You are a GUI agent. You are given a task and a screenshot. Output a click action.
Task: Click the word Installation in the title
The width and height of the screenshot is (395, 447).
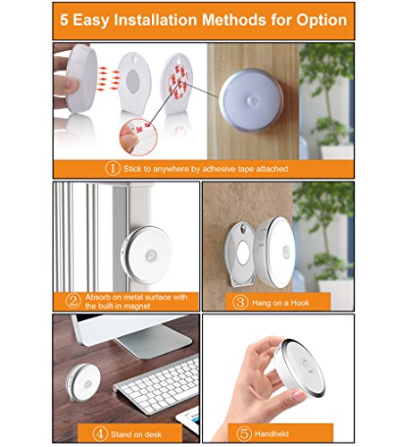coord(155,20)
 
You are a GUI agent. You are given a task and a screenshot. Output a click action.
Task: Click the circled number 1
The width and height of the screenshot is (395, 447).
coord(113,168)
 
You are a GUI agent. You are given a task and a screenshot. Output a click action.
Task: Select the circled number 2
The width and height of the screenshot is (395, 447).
coord(73,301)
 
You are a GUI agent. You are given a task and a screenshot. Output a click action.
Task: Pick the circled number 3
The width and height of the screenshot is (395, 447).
coord(240,302)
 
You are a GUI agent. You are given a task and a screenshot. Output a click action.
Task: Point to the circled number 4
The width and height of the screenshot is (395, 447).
coord(100,434)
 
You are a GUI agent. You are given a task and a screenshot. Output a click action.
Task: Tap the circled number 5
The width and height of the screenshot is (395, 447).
coord(244,434)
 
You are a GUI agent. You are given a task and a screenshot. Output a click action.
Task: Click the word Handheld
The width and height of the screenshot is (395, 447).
coord(272,434)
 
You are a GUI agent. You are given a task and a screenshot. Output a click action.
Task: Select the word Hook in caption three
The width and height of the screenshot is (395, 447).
coord(300,303)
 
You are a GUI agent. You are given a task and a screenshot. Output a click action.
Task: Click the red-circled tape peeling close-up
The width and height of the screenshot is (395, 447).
coord(139,137)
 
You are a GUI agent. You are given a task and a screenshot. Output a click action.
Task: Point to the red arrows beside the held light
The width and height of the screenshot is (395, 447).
coord(109,79)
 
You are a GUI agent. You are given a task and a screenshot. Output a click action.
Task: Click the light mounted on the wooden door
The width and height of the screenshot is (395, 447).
coord(251,100)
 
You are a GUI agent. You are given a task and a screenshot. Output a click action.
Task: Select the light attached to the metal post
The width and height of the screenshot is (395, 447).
coord(146,254)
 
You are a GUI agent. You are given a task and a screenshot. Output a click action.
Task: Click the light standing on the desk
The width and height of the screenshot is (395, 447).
coord(83,383)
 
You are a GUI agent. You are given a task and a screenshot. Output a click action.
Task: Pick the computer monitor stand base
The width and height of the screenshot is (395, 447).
coord(154,337)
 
